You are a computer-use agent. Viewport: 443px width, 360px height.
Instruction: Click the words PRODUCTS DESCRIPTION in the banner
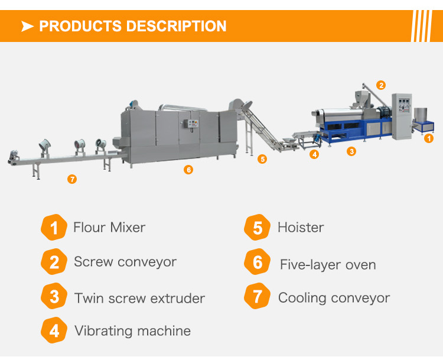132,27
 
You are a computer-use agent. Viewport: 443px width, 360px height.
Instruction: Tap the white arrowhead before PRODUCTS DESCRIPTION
27,27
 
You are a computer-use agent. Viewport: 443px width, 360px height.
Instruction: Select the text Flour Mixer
109,228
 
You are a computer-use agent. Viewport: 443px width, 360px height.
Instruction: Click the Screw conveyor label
125,262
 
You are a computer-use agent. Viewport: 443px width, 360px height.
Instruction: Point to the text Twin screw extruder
139,297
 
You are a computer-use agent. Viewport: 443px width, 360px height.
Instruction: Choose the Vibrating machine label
132,330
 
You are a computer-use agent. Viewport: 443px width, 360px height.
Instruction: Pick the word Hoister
301,228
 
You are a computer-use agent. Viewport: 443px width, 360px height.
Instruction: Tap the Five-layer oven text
328,264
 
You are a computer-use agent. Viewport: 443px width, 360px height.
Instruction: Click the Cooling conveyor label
334,297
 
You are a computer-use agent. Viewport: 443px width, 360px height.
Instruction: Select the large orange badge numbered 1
54,228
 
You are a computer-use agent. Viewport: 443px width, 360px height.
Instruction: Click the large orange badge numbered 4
54,330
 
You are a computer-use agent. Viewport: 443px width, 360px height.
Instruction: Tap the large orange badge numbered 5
258,228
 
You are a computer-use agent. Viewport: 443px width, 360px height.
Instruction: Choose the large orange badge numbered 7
258,297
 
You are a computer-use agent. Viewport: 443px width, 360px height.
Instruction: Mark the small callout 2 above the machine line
382,85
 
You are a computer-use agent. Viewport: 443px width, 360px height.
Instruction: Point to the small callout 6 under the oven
188,170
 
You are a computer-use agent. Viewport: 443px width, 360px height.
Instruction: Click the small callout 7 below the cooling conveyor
72,179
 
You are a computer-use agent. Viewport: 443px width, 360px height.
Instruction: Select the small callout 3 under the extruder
351,151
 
